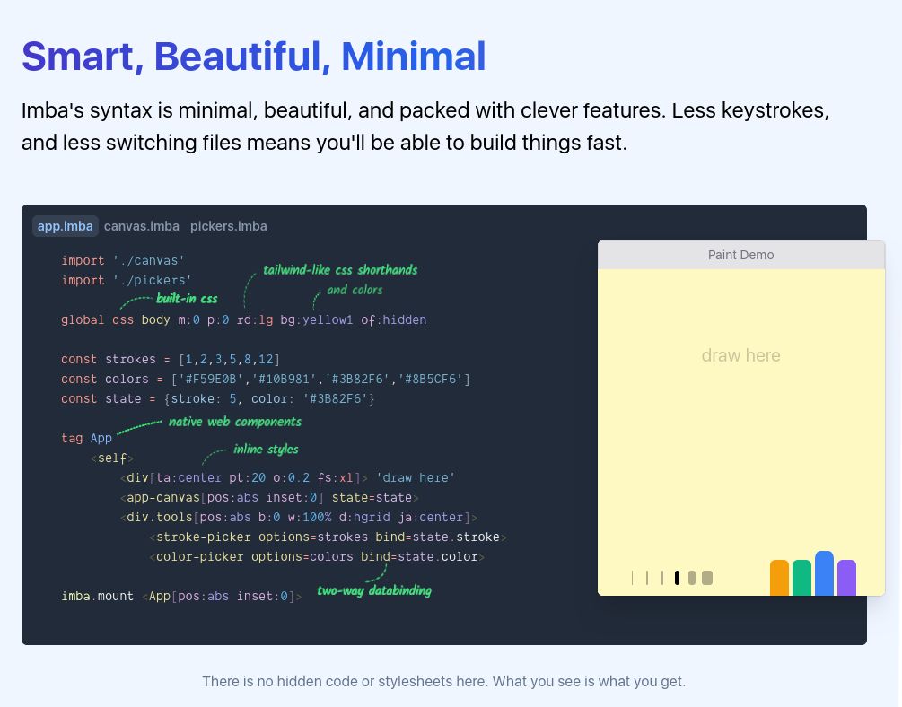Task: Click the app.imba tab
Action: point(65,226)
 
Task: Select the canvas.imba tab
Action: point(142,226)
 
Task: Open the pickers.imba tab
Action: point(228,226)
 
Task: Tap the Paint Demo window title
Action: point(740,255)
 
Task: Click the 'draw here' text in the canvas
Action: point(740,355)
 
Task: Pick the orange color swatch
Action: point(779,578)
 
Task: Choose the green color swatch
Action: point(801,578)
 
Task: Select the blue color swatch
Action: point(824,573)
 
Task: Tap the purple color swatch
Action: point(846,578)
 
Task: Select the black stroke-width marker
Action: point(677,578)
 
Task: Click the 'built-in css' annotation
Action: point(187,299)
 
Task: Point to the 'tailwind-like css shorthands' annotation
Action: point(340,270)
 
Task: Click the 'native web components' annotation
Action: point(235,422)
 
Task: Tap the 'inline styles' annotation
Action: point(266,449)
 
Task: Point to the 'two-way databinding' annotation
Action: point(374,590)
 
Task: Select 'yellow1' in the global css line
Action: point(328,319)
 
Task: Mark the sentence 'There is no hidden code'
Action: point(443,681)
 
